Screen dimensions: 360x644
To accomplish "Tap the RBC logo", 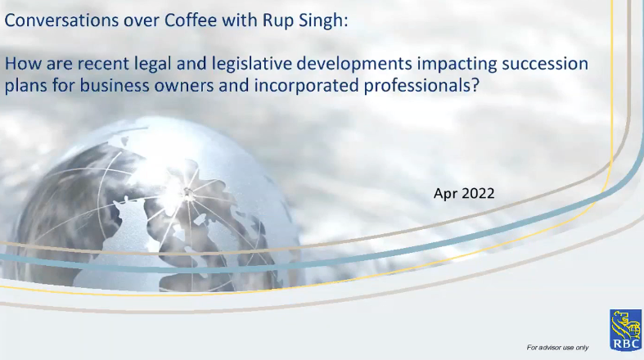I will (624, 327).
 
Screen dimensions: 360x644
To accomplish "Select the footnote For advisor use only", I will (557, 348).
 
